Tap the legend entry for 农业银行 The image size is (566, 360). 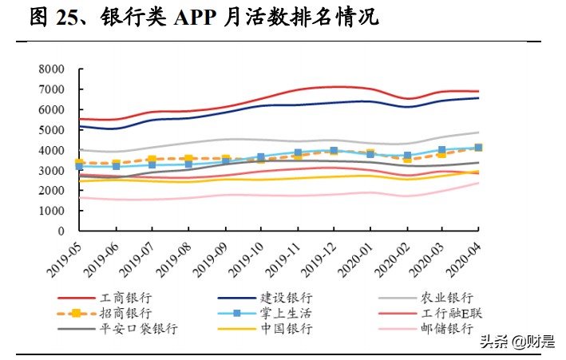[x=447, y=296]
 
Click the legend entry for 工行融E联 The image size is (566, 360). [x=447, y=312]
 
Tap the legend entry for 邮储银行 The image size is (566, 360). [x=447, y=328]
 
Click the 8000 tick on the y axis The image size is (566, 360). [x=49, y=69]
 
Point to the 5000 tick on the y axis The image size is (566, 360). [x=49, y=130]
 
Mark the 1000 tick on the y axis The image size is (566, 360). [x=49, y=211]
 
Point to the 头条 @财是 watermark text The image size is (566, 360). [x=517, y=342]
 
